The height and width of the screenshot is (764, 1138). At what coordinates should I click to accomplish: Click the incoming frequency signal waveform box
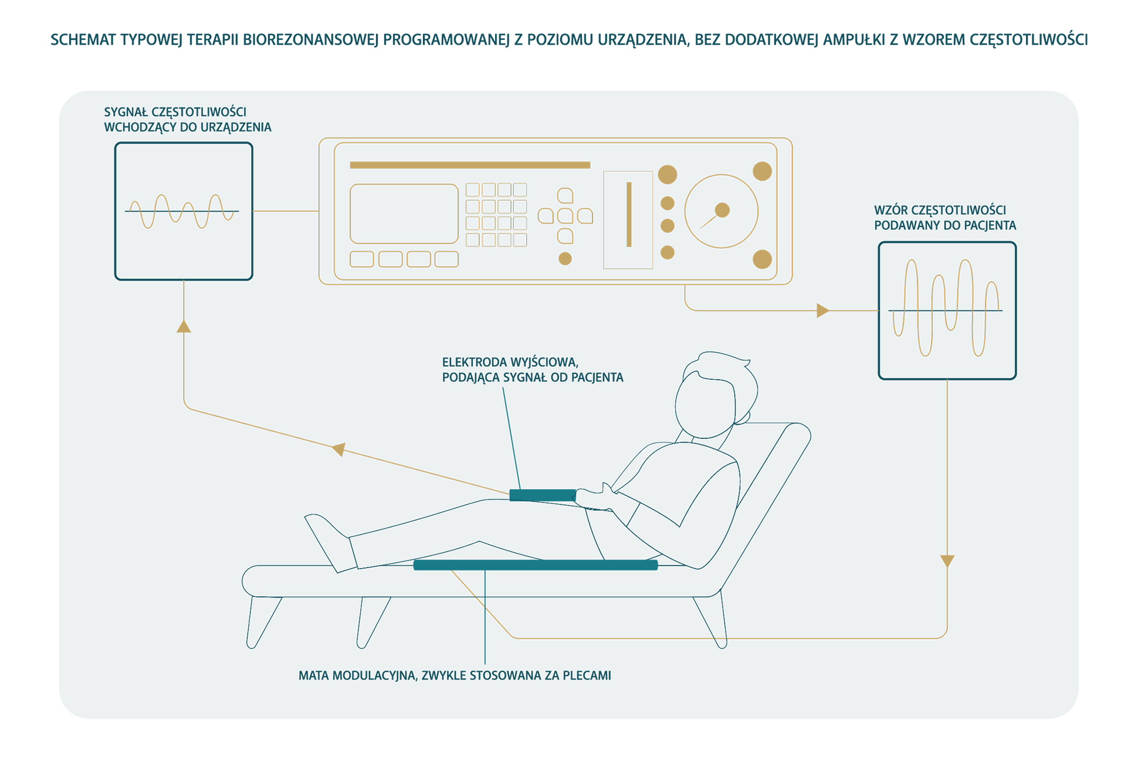coord(184,211)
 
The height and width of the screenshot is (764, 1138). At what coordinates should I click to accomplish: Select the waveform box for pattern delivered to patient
coord(947,310)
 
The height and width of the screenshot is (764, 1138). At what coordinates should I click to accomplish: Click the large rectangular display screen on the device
coord(404,214)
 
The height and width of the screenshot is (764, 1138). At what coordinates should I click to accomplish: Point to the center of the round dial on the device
coord(722,211)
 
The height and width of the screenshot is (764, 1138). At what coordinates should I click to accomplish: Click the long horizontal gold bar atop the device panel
coord(469,165)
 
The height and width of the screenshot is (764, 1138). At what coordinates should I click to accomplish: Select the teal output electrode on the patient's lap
coord(543,495)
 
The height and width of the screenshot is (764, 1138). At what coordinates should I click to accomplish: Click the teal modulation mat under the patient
coord(535,565)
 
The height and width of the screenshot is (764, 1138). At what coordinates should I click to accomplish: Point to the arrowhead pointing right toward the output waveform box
coord(822,310)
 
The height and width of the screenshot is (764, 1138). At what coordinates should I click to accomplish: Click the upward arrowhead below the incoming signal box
coord(184,326)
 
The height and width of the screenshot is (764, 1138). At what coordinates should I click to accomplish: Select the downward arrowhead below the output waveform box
coord(947,561)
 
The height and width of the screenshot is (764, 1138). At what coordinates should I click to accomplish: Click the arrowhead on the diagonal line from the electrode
coord(339,449)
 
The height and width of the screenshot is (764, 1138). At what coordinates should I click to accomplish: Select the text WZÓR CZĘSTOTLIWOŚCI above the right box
coord(940,210)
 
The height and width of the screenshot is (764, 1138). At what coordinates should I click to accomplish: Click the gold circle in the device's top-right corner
coord(761,171)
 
